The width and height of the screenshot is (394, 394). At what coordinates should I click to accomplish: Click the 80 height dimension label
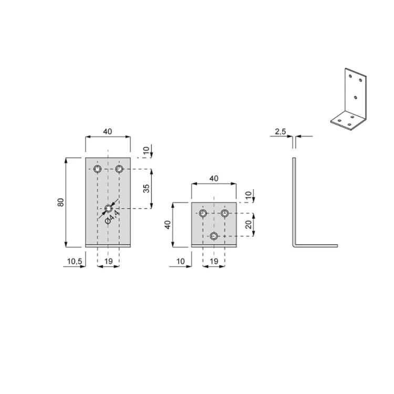pyautogui.click(x=61, y=202)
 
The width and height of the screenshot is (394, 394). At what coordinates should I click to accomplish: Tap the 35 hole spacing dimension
pyautogui.click(x=146, y=189)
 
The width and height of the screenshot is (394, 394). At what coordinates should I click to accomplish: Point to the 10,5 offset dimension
pyautogui.click(x=75, y=261)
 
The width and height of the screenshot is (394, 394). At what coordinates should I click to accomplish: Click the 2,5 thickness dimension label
pyautogui.click(x=281, y=131)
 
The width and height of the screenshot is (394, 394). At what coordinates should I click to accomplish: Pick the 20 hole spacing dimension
pyautogui.click(x=248, y=224)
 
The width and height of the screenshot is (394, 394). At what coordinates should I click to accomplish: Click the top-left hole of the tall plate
pyautogui.click(x=97, y=169)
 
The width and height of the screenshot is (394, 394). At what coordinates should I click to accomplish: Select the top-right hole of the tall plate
pyautogui.click(x=119, y=169)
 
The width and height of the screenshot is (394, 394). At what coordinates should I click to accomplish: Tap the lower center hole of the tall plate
pyautogui.click(x=108, y=209)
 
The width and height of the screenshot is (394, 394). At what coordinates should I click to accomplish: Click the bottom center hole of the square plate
pyautogui.click(x=214, y=236)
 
